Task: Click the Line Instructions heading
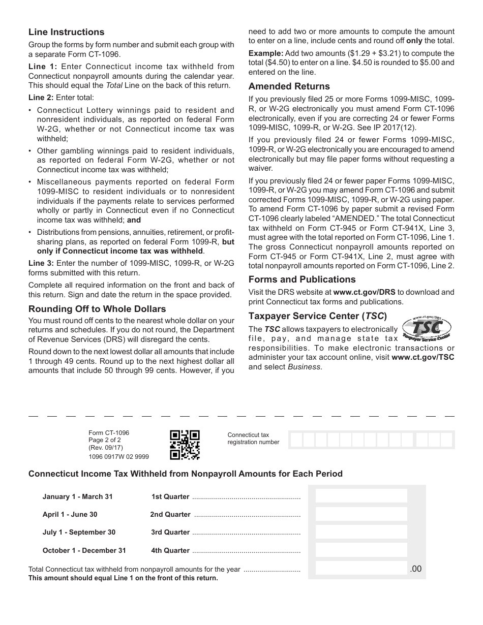(x=66, y=32)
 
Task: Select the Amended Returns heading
(x=289, y=86)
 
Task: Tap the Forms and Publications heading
(x=301, y=279)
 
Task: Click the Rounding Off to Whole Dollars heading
(x=97, y=309)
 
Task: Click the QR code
(x=185, y=445)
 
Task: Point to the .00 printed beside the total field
(x=415, y=569)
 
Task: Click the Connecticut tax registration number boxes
(x=371, y=440)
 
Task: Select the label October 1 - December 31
(x=84, y=550)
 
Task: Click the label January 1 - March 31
(x=77, y=496)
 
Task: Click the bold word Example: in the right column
(x=265, y=53)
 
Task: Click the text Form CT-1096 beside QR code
(x=108, y=433)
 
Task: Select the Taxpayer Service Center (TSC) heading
(x=317, y=315)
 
